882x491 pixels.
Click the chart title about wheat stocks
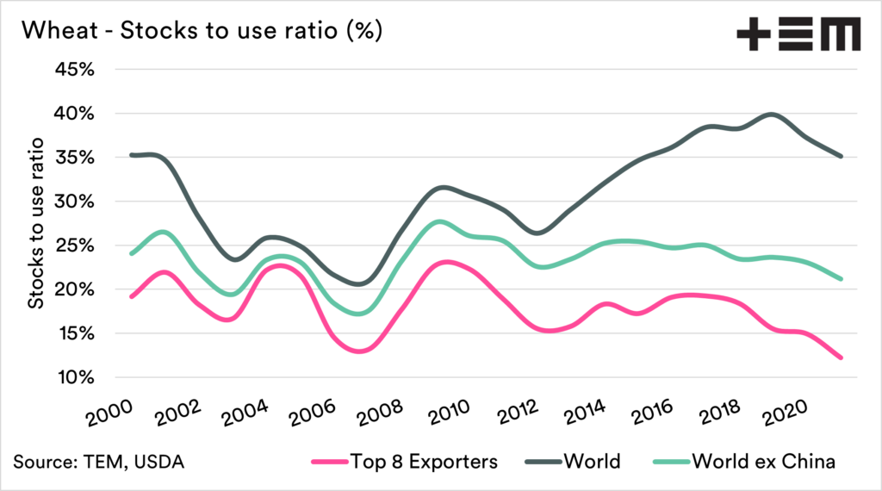pos(202,31)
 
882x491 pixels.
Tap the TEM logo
pos(798,36)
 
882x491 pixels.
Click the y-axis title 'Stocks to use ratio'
pos(36,224)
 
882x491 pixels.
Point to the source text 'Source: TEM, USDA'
pos(99,462)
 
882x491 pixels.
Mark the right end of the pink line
pos(841,357)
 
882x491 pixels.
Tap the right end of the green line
pos(841,279)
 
